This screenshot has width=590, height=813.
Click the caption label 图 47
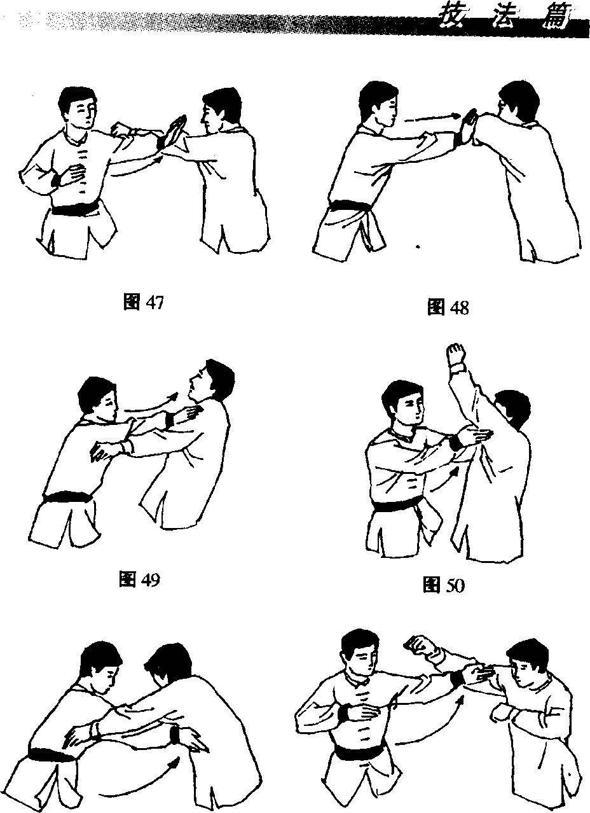(144, 303)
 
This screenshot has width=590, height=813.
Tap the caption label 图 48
(448, 307)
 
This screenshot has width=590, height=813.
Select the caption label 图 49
(139, 579)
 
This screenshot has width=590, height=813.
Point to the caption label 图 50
(444, 585)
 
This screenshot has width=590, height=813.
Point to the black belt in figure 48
(350, 208)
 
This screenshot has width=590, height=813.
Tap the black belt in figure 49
(68, 496)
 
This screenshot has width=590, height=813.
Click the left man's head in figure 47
(78, 108)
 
